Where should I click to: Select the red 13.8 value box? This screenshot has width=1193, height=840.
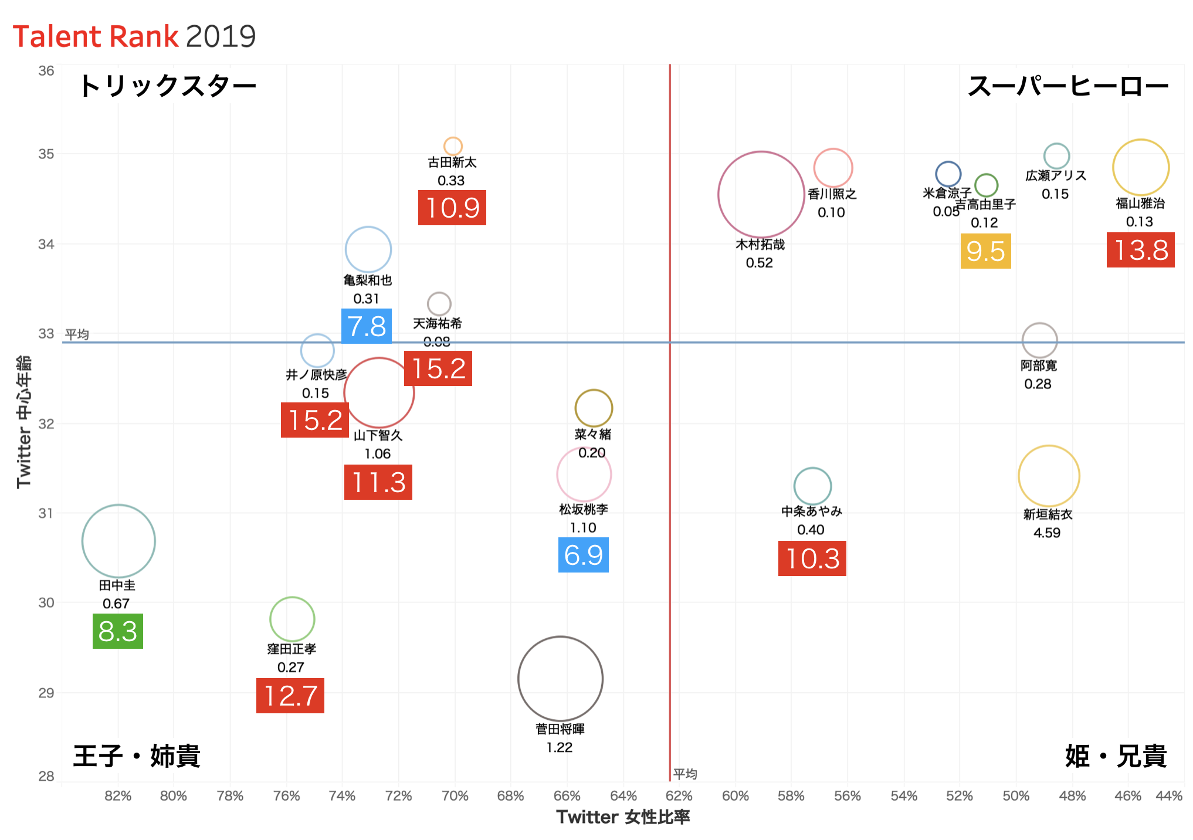click(1140, 250)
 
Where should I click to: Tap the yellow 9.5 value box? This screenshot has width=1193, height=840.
click(985, 252)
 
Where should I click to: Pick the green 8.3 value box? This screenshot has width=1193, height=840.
click(117, 631)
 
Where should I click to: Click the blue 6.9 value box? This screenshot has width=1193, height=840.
click(583, 555)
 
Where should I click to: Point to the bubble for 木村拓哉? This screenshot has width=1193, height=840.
click(761, 195)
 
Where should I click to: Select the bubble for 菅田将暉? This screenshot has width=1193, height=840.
click(560, 679)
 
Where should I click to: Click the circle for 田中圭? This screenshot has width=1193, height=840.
click(118, 541)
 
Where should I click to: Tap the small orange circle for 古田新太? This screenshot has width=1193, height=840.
click(453, 145)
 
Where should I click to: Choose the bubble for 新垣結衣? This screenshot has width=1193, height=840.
click(1049, 476)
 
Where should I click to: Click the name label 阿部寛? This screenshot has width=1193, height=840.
click(1038, 366)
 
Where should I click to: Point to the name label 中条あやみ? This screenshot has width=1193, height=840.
click(811, 512)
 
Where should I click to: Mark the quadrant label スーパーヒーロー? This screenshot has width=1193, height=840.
click(1067, 87)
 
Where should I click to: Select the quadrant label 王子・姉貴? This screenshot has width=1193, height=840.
click(137, 756)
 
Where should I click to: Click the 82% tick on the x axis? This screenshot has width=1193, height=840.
click(118, 796)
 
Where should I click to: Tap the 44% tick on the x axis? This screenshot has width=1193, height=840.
click(1168, 796)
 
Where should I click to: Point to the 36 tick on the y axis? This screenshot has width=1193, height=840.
click(46, 71)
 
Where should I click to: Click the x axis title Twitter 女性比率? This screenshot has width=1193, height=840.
click(623, 817)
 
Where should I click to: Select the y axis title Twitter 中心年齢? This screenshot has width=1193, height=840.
click(23, 421)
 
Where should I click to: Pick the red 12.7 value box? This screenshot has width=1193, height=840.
click(290, 696)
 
